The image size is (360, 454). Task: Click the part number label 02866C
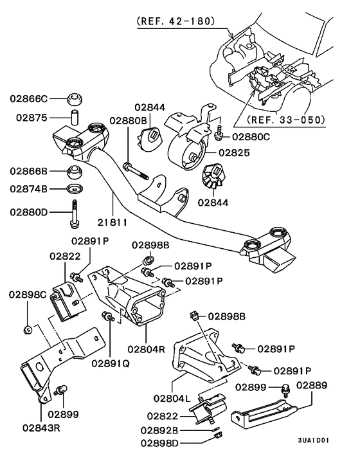click(x=28, y=99)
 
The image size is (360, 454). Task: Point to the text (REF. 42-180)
click(x=183, y=21)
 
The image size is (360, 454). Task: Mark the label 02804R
click(x=147, y=349)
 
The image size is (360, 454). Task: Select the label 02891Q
click(x=110, y=363)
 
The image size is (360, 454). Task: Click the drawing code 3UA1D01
click(x=313, y=440)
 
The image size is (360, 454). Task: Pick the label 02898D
click(x=161, y=442)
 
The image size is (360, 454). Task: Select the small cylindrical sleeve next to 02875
click(x=74, y=118)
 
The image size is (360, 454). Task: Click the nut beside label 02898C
click(x=27, y=331)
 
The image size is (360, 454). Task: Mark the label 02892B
click(x=161, y=430)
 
